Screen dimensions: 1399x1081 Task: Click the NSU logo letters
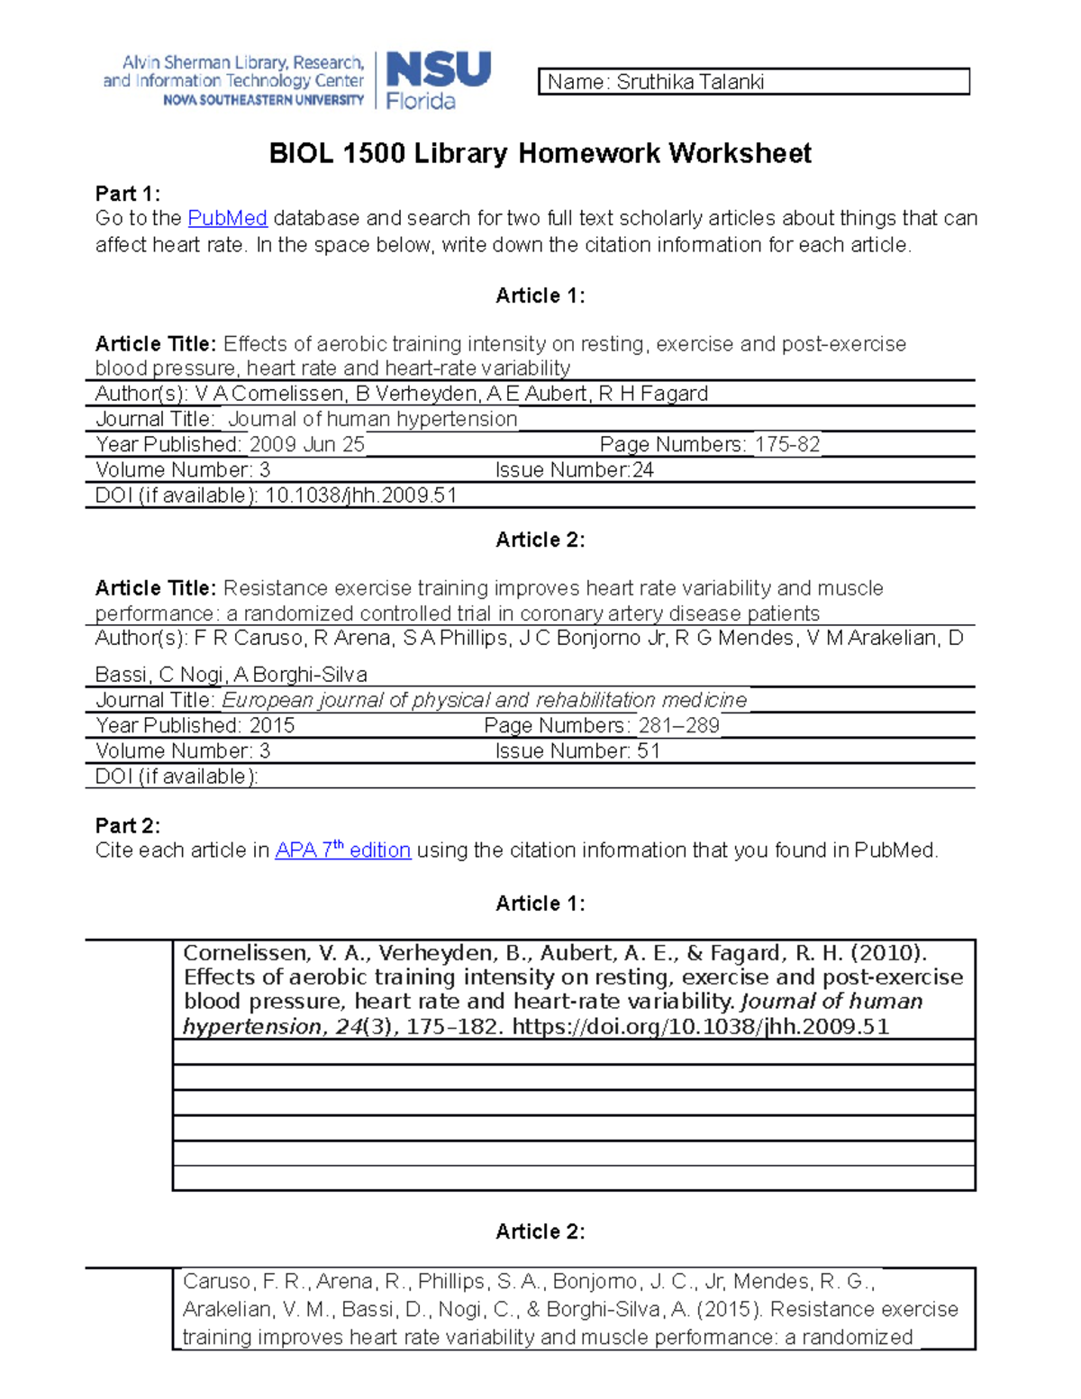pyautogui.click(x=439, y=69)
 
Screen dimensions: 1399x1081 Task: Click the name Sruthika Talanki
pyautogui.click(x=690, y=82)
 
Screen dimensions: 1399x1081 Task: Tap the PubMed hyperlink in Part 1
pyautogui.click(x=227, y=218)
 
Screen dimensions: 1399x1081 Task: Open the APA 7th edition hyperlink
pyautogui.click(x=342, y=849)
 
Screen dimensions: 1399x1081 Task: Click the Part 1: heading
pyautogui.click(x=128, y=194)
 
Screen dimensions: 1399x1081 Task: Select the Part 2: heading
pyautogui.click(x=128, y=825)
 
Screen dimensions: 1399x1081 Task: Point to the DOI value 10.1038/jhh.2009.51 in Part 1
pyautogui.click(x=360, y=495)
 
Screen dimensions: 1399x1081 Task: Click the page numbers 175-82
pyautogui.click(x=787, y=444)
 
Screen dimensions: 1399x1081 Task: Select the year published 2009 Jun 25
pyautogui.click(x=306, y=444)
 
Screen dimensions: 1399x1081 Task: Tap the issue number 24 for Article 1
pyautogui.click(x=642, y=469)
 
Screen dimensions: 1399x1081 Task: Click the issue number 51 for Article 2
pyautogui.click(x=649, y=750)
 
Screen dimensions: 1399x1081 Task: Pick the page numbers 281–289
pyautogui.click(x=678, y=725)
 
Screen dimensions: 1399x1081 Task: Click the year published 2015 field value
pyautogui.click(x=271, y=725)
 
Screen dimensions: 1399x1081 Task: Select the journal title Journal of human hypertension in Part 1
pyautogui.click(x=372, y=419)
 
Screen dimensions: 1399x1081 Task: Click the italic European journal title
pyautogui.click(x=484, y=700)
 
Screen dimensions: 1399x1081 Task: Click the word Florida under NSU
pyautogui.click(x=421, y=102)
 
